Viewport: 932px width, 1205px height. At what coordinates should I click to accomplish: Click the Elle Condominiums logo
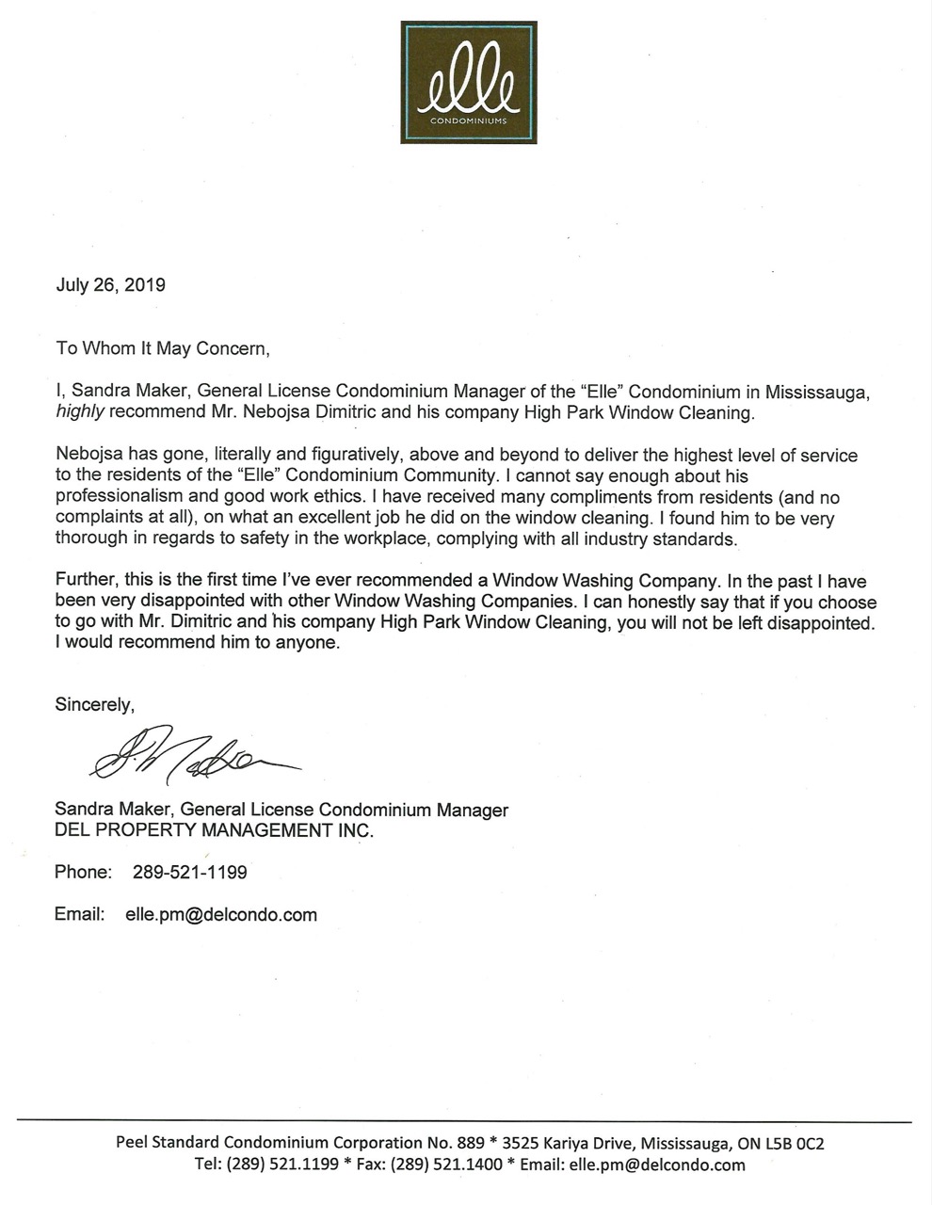(x=468, y=82)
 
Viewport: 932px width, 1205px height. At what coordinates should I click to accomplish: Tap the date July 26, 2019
(x=110, y=285)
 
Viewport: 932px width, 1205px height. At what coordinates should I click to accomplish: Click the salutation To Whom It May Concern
(x=162, y=348)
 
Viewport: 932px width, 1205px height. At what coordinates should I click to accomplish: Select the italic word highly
(x=80, y=413)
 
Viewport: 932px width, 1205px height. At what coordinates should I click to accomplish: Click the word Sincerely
(x=94, y=704)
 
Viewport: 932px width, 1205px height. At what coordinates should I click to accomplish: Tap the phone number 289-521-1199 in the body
(x=190, y=873)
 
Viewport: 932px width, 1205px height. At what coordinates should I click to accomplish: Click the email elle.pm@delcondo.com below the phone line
(x=221, y=914)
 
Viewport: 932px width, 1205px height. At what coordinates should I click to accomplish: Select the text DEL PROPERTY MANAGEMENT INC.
(x=214, y=831)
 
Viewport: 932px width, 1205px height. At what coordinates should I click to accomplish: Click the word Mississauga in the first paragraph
(x=815, y=392)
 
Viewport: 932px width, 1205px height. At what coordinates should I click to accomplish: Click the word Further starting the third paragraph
(x=86, y=581)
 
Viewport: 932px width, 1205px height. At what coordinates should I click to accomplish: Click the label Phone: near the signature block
(x=84, y=873)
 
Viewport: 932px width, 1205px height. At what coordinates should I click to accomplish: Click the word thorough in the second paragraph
(x=91, y=540)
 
